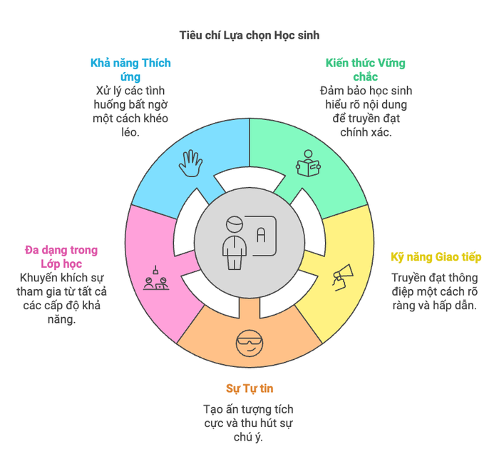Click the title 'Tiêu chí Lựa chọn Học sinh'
[x=249, y=36]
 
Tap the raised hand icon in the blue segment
[x=190, y=164]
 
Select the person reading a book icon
[x=308, y=164]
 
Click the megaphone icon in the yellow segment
[x=343, y=277]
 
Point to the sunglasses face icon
[x=249, y=343]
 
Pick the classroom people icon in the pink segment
[x=156, y=278]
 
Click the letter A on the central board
[x=261, y=235]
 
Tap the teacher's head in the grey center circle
[x=235, y=224]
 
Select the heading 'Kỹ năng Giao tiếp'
[x=436, y=257]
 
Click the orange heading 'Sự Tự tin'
[x=249, y=389]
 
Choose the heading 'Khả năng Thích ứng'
[x=130, y=70]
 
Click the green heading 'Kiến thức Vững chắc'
[x=365, y=70]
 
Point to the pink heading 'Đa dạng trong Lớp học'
[x=61, y=257]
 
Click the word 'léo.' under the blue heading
[x=130, y=132]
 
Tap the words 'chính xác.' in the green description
[x=366, y=132]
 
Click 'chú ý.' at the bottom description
[x=249, y=437]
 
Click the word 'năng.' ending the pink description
[x=62, y=319]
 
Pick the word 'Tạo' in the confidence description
[x=211, y=409]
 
